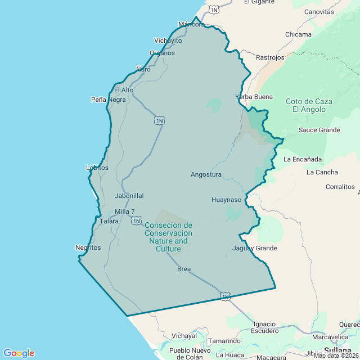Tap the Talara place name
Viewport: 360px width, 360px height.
coord(109,221)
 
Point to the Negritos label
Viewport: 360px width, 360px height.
coord(88,247)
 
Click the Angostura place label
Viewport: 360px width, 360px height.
coord(206,174)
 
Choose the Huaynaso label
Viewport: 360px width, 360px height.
coord(226,200)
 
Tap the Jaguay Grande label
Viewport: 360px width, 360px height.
coord(255,248)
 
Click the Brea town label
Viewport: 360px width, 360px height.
coord(184,269)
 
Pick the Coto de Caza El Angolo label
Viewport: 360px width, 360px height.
coord(309,105)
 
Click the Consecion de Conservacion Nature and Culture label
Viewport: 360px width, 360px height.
coord(168,237)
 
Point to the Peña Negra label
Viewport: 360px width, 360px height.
coord(109,100)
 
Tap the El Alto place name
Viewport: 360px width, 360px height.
coord(124,89)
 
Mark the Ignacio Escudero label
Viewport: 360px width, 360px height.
coord(264,327)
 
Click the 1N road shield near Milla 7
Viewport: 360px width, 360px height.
coord(137,221)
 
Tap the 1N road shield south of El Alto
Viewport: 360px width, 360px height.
coord(160,120)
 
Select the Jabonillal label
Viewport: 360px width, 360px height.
coord(129,196)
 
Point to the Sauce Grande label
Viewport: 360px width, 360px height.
coord(319,130)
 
